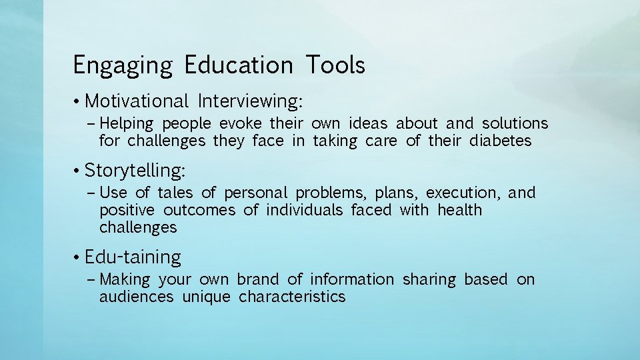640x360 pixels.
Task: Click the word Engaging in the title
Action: tap(123, 66)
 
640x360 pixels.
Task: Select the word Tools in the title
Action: tap(335, 65)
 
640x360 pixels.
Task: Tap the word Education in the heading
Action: tap(238, 65)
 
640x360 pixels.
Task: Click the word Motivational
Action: tap(137, 101)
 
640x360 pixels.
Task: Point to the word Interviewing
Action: tap(250, 101)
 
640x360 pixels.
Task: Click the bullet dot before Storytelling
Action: tap(78, 171)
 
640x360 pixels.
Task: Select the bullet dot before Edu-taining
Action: tap(78, 257)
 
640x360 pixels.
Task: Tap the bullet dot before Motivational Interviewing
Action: tap(78, 101)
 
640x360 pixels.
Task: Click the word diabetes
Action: tap(500, 141)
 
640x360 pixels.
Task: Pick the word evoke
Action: tap(239, 123)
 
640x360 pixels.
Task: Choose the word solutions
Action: tap(515, 123)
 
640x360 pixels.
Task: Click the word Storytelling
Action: tap(135, 171)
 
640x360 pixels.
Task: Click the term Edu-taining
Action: tap(133, 257)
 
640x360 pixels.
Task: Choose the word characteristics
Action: tap(292, 297)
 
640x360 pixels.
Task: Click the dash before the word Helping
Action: tap(91, 124)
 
